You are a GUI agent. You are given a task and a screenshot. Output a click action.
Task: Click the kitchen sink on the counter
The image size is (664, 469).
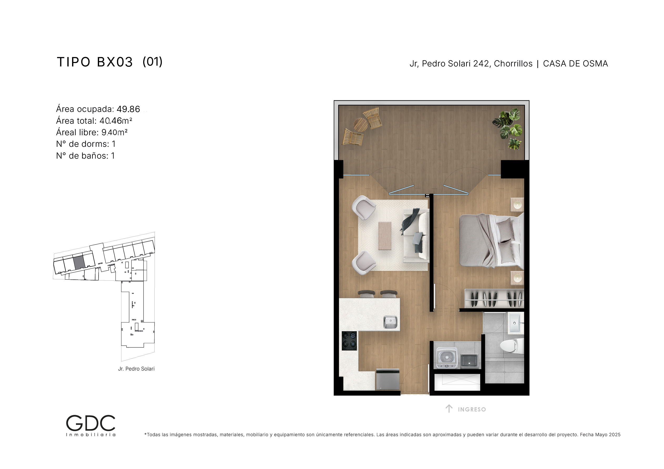point(390,322)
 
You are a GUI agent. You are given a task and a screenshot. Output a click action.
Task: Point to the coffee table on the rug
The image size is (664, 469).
point(385,236)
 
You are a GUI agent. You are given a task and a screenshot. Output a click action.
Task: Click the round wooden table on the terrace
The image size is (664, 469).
point(360,125)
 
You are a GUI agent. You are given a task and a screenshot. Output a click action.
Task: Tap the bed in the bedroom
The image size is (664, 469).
point(491,241)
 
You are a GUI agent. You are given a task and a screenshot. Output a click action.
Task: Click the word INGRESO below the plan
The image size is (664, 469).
point(472,409)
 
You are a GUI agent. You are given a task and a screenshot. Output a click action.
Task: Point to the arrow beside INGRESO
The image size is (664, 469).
point(449,409)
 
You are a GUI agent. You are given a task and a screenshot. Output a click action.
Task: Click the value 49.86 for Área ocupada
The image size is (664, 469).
point(128,109)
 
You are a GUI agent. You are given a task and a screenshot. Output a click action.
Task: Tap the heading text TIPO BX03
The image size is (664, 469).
point(95,62)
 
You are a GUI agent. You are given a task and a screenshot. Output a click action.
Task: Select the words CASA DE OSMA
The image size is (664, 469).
point(575,64)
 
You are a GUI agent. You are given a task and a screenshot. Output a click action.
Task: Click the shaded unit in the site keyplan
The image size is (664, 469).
point(79,262)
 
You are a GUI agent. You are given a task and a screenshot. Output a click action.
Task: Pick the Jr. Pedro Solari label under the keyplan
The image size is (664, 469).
point(136,369)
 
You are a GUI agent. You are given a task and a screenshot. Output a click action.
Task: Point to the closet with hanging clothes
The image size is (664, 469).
point(494,299)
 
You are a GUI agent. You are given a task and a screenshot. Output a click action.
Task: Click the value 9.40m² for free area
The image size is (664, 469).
point(115,132)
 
